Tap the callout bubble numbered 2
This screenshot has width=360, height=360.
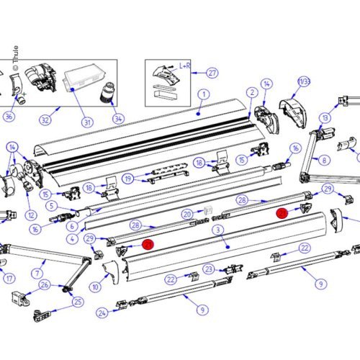(252, 92)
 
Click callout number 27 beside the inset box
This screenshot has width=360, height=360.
(212, 72)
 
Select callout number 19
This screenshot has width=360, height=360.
(127, 179)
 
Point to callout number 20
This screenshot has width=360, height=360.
(186, 214)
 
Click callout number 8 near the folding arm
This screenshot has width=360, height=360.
(325, 161)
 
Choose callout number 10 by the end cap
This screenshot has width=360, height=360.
(95, 287)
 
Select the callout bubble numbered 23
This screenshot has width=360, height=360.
(208, 269)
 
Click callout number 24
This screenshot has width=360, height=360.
(102, 312)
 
